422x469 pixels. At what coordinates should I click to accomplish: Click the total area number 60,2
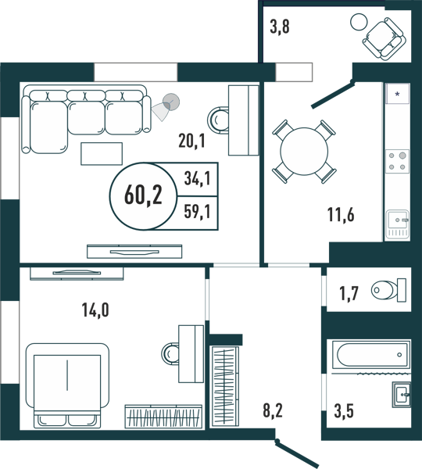143,195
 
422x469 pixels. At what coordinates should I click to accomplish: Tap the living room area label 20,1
191,141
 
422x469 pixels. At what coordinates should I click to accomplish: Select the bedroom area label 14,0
95,310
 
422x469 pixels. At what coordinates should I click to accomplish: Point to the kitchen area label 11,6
341,214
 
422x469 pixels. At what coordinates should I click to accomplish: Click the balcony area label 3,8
280,27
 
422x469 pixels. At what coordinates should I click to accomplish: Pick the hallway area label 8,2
273,410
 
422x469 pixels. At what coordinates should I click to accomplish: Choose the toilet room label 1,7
349,293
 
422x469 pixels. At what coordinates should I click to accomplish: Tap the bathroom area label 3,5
344,410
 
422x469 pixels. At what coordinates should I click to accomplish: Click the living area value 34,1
197,179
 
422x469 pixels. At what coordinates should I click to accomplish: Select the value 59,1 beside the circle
197,212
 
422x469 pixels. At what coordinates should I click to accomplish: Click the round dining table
304,152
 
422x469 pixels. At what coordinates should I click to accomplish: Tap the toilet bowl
389,290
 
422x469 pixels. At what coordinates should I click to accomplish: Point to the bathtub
371,355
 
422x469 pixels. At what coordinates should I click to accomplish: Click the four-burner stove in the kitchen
398,161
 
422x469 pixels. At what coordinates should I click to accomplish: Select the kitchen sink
398,224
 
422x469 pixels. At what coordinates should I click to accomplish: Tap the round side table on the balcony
359,22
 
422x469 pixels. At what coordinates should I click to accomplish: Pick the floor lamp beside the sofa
167,106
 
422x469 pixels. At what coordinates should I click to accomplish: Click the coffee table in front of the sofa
102,154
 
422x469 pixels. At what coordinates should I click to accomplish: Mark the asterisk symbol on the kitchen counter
398,95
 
